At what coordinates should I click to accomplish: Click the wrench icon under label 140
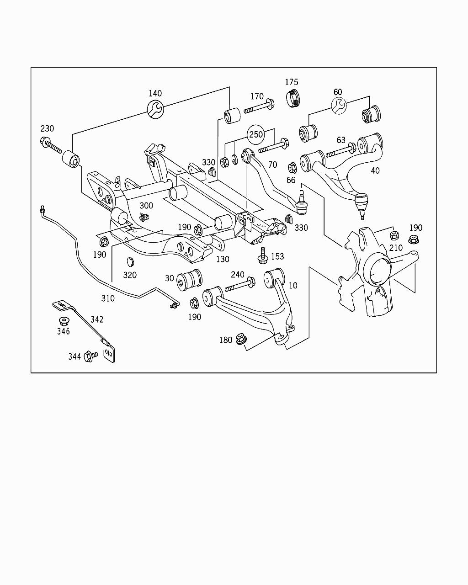(155, 108)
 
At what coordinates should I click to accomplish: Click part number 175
(292, 82)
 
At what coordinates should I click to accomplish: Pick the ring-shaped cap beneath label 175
(293, 99)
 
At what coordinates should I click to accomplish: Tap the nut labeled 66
(292, 167)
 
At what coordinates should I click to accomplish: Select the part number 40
(375, 171)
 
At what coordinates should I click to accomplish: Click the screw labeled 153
(263, 255)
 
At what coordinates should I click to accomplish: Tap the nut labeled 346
(63, 321)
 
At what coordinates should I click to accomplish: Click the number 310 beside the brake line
(108, 298)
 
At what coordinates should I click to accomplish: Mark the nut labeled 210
(393, 236)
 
